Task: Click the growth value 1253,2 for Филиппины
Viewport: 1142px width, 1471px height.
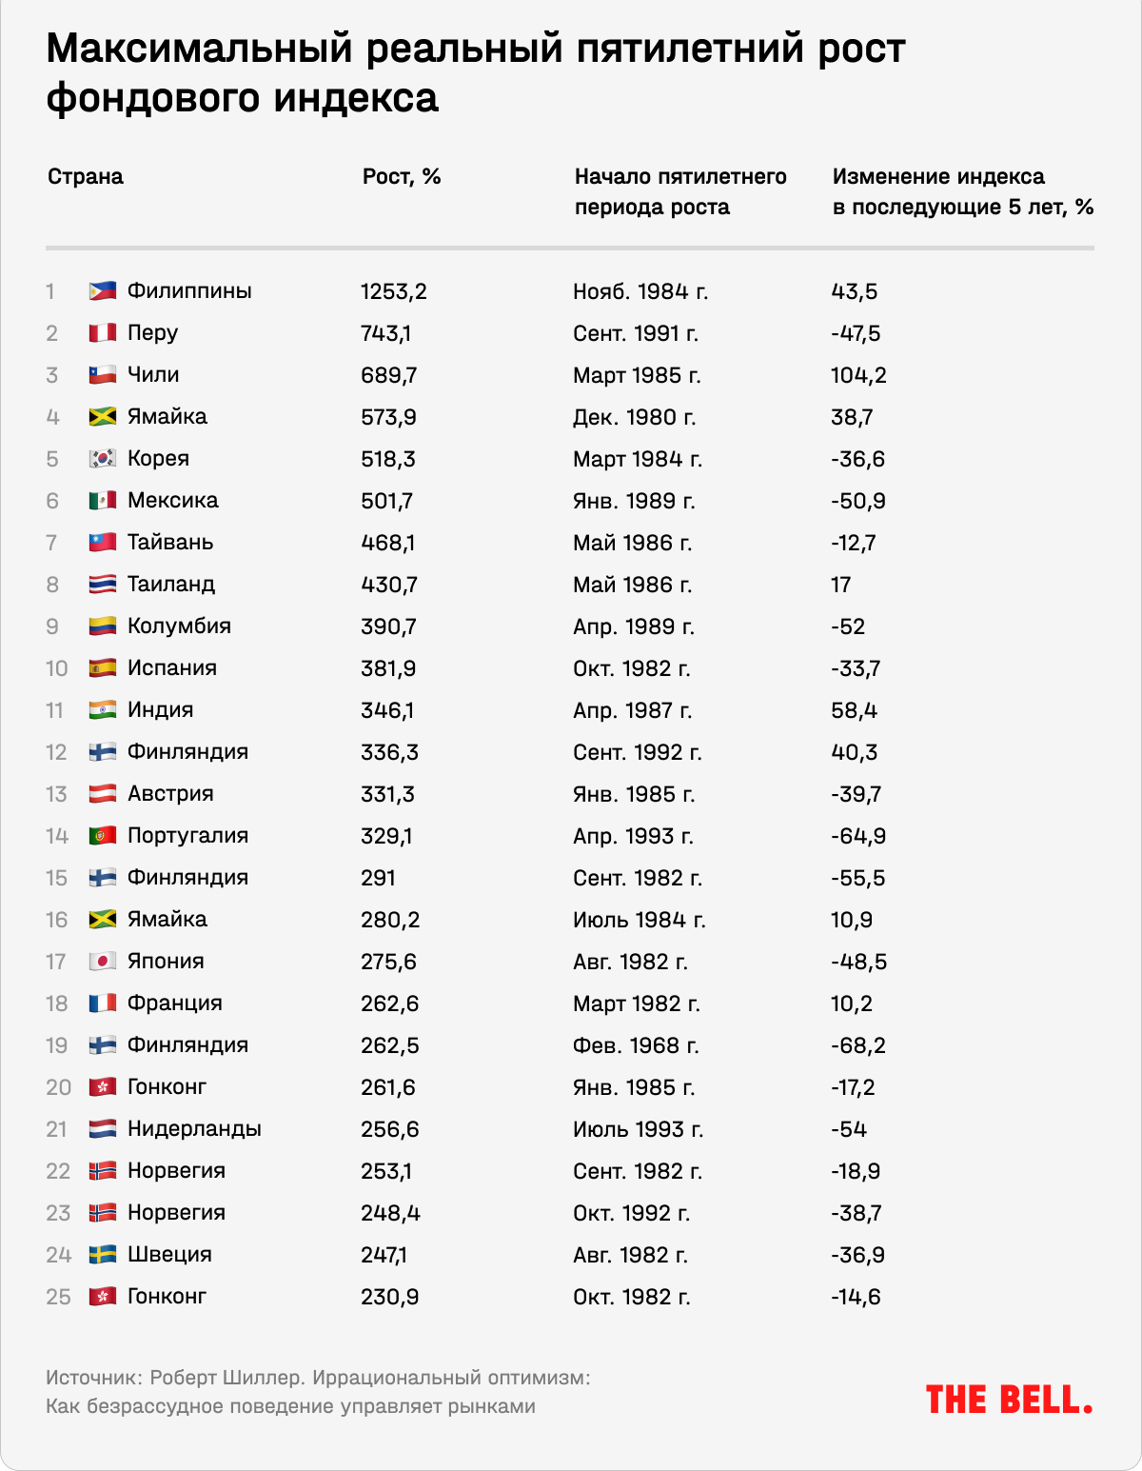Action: click(393, 291)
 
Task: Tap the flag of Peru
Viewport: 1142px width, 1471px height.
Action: click(102, 333)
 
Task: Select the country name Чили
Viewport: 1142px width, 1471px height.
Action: click(153, 375)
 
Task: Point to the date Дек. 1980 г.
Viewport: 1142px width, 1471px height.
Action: click(634, 417)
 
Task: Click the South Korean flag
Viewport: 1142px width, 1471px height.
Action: click(102, 459)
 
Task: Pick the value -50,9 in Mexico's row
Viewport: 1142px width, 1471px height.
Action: click(857, 501)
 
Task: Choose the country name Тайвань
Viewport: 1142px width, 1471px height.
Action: click(170, 543)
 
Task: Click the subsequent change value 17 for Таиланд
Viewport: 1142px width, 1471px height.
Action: click(840, 585)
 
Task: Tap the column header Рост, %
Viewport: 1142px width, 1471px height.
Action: click(401, 177)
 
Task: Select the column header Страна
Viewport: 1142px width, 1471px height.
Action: click(86, 177)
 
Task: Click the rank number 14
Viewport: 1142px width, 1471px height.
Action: click(57, 836)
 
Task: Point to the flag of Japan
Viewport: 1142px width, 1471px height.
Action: click(102, 962)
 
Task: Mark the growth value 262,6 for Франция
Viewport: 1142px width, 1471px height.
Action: click(389, 1004)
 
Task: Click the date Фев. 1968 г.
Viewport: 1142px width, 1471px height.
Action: click(636, 1045)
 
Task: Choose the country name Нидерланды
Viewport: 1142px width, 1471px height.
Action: click(194, 1129)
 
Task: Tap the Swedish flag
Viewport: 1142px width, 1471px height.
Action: click(102, 1255)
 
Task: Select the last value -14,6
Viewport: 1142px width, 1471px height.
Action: click(856, 1297)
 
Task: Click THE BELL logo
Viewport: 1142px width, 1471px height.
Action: click(1009, 1400)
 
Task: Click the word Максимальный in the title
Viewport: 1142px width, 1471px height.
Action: click(199, 50)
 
